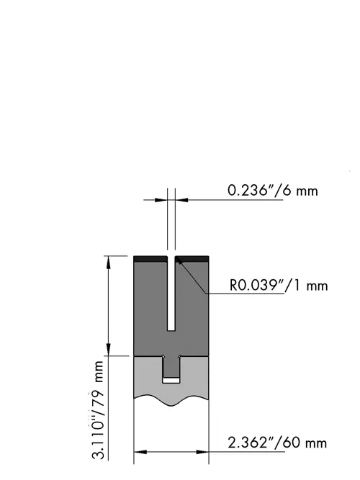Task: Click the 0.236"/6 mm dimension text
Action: pos(273,191)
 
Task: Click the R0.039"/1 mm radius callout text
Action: pos(279,285)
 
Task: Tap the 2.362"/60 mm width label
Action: pos(277,443)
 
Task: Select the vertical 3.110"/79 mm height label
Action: pos(98,410)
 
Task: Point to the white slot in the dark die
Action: pos(171,294)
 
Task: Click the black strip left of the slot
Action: pos(150,259)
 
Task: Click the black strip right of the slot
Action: pos(192,259)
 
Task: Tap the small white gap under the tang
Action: pos(171,380)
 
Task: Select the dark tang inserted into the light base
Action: pos(171,367)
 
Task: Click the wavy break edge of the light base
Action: pos(171,401)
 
